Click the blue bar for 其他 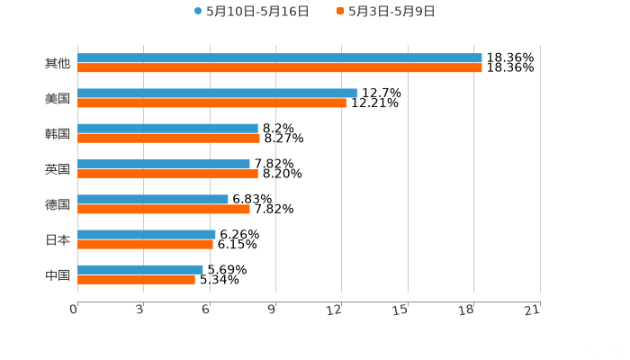pyautogui.click(x=279, y=58)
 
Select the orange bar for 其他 pyautogui.click(x=279, y=67)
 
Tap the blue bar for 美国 pyautogui.click(x=217, y=93)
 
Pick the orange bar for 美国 pyautogui.click(x=211, y=103)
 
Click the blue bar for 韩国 pyautogui.click(x=167, y=128)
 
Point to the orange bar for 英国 pyautogui.click(x=167, y=174)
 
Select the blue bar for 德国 pyautogui.click(x=153, y=199)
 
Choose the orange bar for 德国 pyautogui.click(x=164, y=209)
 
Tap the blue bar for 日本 pyautogui.click(x=147, y=234)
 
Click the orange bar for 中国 pyautogui.click(x=136, y=279)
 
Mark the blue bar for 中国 pyautogui.click(x=140, y=269)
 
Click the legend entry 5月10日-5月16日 pyautogui.click(x=252, y=12)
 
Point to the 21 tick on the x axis pyautogui.click(x=533, y=310)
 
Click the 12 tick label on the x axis pyautogui.click(x=335, y=310)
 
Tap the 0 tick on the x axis pyautogui.click(x=74, y=310)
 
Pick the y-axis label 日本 pyautogui.click(x=58, y=240)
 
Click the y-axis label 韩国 pyautogui.click(x=58, y=134)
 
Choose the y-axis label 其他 pyautogui.click(x=58, y=63)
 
